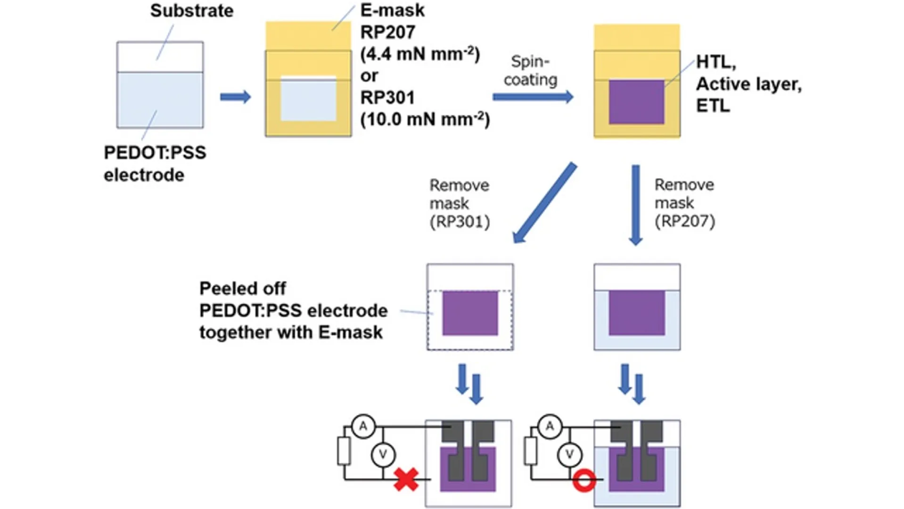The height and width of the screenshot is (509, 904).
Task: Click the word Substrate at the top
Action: point(192,11)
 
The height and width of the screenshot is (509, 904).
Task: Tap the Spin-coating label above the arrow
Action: point(530,71)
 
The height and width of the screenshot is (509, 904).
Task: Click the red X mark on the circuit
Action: point(406,479)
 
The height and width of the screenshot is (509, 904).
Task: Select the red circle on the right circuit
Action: point(584,481)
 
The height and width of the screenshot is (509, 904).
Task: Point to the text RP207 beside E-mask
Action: point(387,33)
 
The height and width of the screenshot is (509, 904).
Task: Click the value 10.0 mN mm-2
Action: point(425,119)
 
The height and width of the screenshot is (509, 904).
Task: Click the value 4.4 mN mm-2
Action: point(419,54)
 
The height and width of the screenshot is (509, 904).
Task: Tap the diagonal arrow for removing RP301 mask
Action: point(544,203)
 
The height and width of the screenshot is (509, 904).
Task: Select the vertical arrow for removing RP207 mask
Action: point(636,205)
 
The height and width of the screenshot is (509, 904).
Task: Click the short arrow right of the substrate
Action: point(235,97)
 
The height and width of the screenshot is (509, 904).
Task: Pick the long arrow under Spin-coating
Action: point(533,97)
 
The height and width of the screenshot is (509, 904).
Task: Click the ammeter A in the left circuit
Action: point(363,427)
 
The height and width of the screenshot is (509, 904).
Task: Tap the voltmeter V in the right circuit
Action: point(569,454)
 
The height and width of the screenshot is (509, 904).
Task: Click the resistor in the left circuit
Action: point(344,451)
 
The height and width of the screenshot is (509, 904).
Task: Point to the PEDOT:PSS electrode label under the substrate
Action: point(155,164)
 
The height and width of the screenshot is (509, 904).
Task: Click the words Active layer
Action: point(748,84)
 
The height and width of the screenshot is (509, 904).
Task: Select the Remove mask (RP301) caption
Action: point(460,203)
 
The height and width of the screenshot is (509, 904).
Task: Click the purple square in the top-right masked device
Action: point(636,102)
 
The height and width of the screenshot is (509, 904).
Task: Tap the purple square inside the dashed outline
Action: point(470,313)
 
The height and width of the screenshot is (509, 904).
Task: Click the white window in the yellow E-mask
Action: point(308,99)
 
